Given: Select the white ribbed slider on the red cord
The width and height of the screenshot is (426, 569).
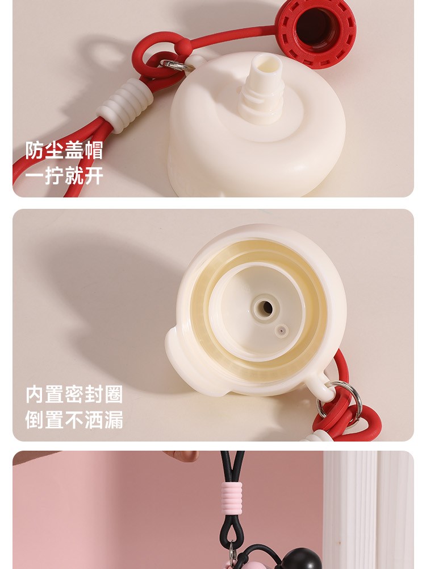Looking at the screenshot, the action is tap(126, 104).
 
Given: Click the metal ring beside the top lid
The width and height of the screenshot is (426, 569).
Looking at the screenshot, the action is tap(174, 65).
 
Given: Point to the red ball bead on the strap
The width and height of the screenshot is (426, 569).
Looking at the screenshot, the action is tap(184, 47).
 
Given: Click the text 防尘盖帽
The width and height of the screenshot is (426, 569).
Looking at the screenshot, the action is tap(64, 150).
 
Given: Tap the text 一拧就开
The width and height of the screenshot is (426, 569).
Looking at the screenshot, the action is tap(64, 175).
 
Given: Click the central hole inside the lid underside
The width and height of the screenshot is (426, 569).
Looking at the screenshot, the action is tap(266, 308).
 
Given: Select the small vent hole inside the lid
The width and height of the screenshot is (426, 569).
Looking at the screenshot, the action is tap(281, 331).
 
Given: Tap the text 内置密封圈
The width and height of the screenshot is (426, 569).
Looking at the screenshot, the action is tap(74, 394).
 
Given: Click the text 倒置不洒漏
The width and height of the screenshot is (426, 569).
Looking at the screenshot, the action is tap(74, 420).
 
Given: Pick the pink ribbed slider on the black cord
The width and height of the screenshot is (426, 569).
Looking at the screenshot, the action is tap(232, 498).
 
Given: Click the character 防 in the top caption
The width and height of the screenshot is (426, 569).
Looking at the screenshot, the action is tap(35, 150).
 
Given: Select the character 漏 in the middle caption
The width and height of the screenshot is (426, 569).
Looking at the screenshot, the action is tap(114, 420).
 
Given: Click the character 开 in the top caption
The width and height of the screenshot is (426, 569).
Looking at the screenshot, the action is tap(94, 175).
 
